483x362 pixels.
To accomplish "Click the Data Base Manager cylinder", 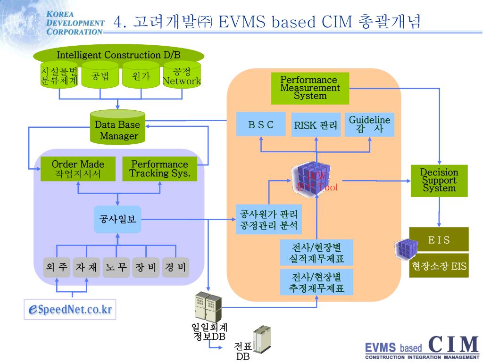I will [117, 129].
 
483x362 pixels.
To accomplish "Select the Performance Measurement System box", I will [310, 88].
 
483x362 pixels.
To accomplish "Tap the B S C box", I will [261, 124].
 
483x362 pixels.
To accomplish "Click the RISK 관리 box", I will [316, 125].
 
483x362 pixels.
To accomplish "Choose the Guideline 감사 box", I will [369, 124].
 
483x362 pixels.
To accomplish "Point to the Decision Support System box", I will [439, 181].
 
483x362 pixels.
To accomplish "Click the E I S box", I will [439, 239].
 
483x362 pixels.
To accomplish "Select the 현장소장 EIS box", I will [439, 266].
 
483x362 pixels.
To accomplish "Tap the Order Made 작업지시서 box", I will [78, 169].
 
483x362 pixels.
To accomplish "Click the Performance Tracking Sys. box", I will [159, 169].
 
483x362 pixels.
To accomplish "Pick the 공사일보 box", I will [117, 219].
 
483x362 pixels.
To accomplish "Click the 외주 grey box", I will [57, 267].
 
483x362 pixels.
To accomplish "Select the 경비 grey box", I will [175, 267].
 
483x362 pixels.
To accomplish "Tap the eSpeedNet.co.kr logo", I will [70, 309].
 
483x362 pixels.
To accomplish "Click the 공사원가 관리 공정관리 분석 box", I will [268, 219].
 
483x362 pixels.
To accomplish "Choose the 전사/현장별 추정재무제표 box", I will [316, 282].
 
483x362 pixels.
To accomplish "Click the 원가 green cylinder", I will [141, 76].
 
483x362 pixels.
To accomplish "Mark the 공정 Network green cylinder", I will [182, 76].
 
